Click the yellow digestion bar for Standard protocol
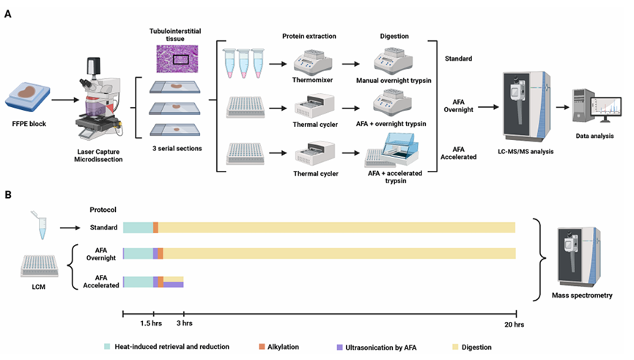click(336, 228)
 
